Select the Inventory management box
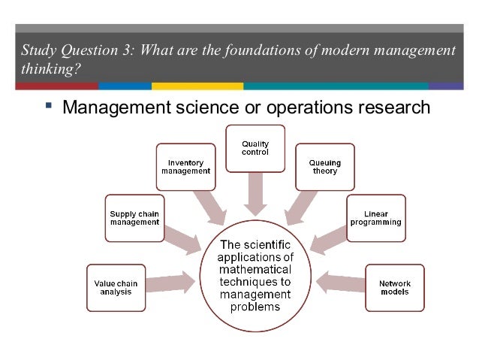click(x=185, y=166)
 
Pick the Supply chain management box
click(x=134, y=218)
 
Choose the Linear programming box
click(x=376, y=218)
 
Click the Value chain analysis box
click(x=113, y=286)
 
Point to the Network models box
click(x=393, y=286)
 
